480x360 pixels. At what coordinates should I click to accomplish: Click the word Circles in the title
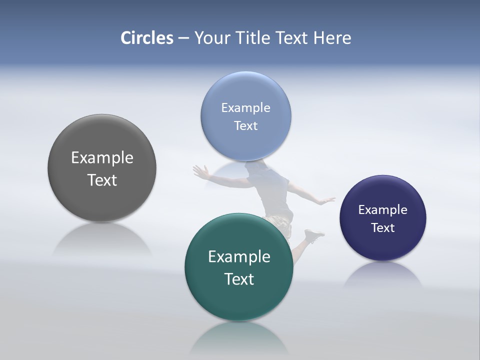tap(147, 38)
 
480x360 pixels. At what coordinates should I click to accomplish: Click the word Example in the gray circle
tap(102, 157)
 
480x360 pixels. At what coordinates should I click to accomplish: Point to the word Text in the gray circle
tap(102, 180)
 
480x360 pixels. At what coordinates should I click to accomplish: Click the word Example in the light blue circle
tap(245, 107)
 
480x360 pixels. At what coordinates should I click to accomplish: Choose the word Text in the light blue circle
tap(245, 125)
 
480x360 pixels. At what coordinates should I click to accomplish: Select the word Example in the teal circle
tap(239, 256)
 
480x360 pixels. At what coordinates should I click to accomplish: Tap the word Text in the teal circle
tap(239, 279)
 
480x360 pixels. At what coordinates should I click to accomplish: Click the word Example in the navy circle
tap(382, 209)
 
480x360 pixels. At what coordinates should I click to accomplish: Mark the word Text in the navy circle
tap(382, 227)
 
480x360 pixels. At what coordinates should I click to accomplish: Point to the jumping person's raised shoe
tap(314, 234)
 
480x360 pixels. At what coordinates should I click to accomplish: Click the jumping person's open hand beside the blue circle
tap(201, 172)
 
